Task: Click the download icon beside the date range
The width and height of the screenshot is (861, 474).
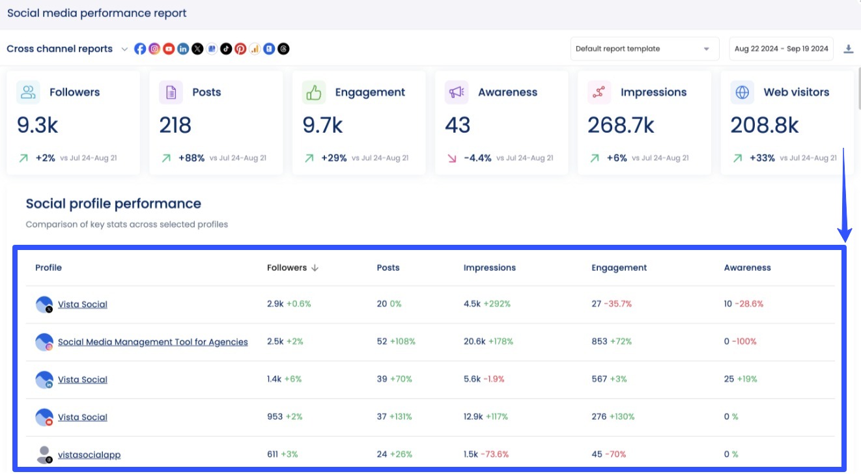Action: point(848,49)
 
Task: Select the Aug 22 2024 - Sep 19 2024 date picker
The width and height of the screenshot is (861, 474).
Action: point(781,49)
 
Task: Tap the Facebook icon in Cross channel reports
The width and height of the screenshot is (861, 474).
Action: point(140,49)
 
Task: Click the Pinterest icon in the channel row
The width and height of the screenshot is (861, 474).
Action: point(240,49)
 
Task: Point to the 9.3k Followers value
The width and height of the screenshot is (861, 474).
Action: point(37,125)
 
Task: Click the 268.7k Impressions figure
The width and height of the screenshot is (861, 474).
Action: point(621,125)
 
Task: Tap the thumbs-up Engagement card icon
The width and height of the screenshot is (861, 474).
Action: point(314,92)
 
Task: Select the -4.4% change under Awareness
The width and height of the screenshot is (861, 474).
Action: point(477,158)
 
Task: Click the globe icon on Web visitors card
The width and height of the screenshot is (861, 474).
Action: point(742,92)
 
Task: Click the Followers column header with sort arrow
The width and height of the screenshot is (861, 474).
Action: point(292,268)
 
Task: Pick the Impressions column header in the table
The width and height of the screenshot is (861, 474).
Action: point(489,268)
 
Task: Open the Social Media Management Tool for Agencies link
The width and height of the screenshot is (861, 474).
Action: point(152,342)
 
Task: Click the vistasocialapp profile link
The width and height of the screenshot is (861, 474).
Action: point(89,454)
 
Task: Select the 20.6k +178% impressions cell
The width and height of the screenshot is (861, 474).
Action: point(488,341)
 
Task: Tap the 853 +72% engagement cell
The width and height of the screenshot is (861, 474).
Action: point(612,341)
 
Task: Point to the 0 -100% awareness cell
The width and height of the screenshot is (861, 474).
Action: point(740,341)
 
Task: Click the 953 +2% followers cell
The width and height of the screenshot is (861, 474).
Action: point(285,417)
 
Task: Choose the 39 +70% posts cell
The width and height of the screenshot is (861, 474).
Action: point(394,379)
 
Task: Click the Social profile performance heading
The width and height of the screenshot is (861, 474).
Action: point(113,204)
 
